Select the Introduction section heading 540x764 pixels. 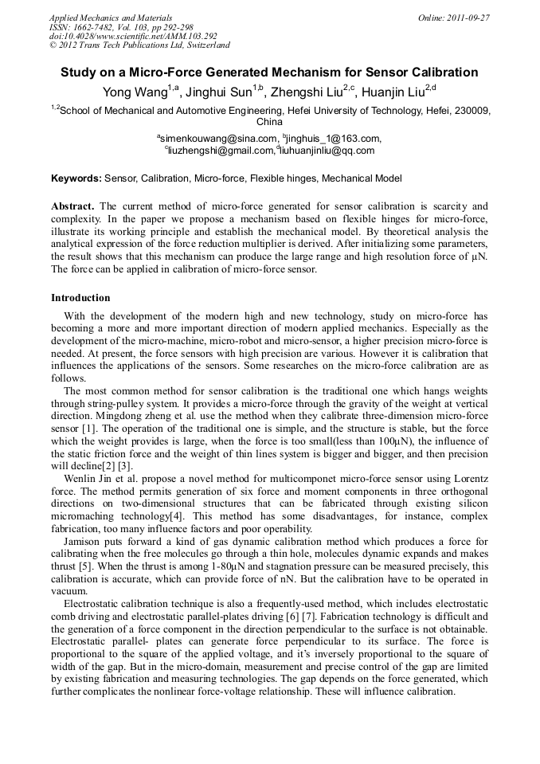(80, 298)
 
